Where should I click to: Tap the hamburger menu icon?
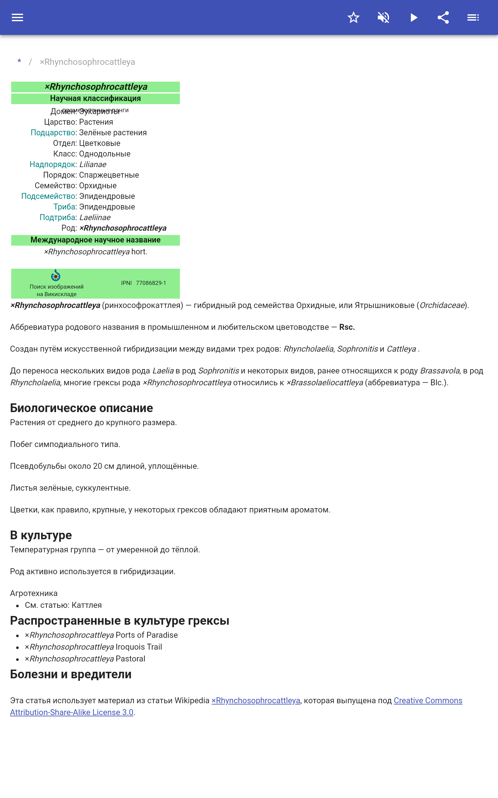tap(17, 17)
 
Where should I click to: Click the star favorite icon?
tap(353, 17)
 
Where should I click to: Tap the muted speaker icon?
tap(383, 17)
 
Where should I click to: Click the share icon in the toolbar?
tap(443, 17)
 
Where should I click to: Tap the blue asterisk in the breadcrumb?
tap(19, 62)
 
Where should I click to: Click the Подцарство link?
tap(53, 132)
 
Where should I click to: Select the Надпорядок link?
tap(52, 164)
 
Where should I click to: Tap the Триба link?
tap(64, 207)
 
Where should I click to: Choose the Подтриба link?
tap(58, 217)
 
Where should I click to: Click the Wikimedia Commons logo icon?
tap(56, 275)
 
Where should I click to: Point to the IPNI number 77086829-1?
tap(151, 283)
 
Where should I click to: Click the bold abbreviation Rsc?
tap(347, 327)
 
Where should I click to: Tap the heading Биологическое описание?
tap(81, 408)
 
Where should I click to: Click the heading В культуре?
tap(41, 535)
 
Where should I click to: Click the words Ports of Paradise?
tap(147, 635)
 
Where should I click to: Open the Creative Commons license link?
tap(428, 700)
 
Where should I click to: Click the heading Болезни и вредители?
tap(70, 674)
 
